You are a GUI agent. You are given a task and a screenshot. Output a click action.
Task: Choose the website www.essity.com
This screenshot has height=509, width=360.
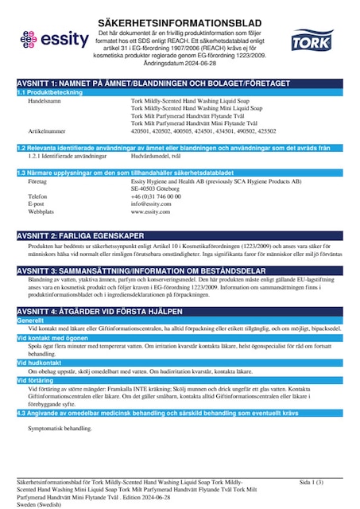[151, 212]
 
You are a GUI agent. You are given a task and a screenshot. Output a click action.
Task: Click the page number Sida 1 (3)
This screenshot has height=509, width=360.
[312, 483]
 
